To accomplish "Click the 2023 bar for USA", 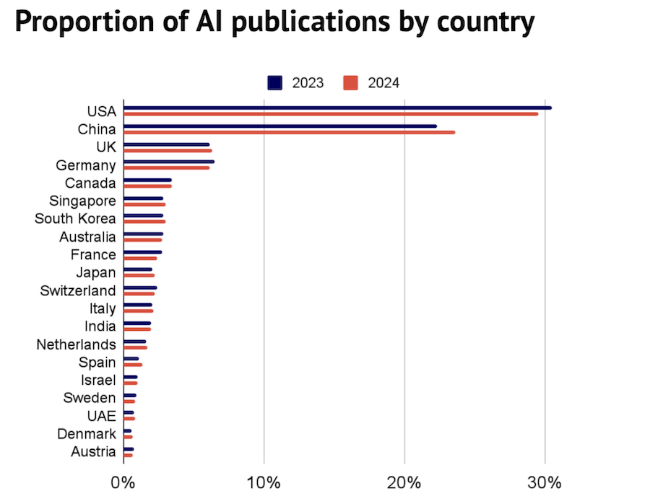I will tap(337, 108).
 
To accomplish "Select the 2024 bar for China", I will tap(289, 132).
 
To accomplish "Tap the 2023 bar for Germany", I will tap(168, 162).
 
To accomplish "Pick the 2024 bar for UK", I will tap(168, 150).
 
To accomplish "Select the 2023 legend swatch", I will tap(275, 83).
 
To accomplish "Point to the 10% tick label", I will tap(264, 482).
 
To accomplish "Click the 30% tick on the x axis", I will tap(545, 482).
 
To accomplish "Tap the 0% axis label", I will tap(123, 482).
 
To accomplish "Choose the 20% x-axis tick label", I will tap(405, 482).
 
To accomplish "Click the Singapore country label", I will tap(82, 201).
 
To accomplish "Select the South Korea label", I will tap(75, 218).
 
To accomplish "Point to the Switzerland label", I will tap(78, 290).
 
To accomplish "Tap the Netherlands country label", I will tap(76, 344).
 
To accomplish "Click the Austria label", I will tap(93, 452).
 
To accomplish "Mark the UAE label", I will tap(101, 416).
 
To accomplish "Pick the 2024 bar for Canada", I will tap(147, 186).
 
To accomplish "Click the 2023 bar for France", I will tap(142, 252).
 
